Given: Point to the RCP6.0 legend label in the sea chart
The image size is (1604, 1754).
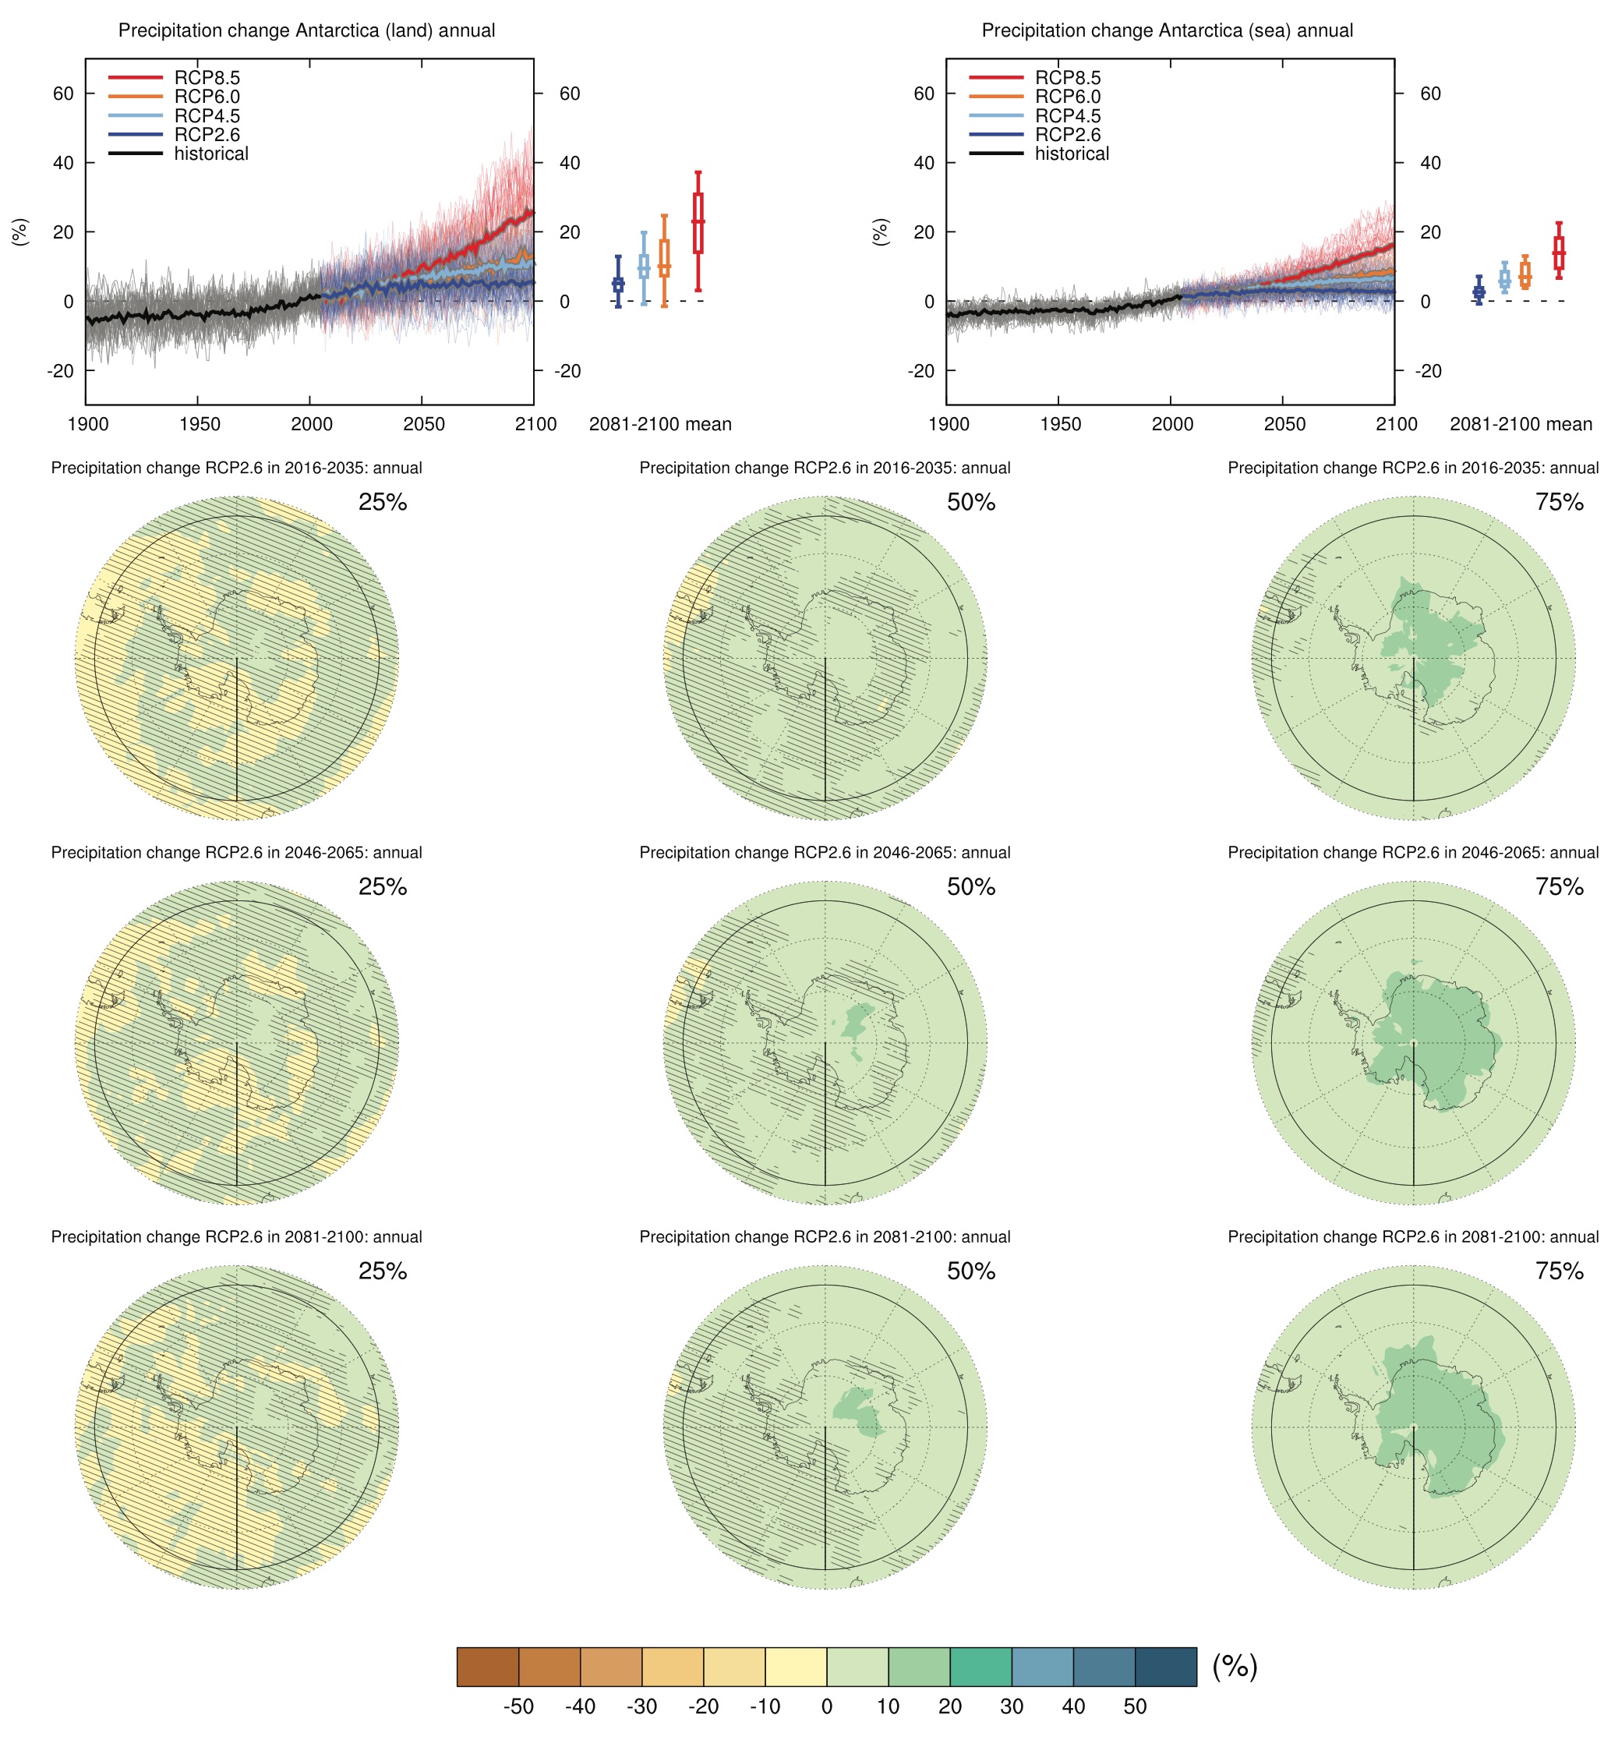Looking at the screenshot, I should point(1066,97).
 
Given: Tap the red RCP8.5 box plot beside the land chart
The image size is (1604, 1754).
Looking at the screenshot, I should point(698,224).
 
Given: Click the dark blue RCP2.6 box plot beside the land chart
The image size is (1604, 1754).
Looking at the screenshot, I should point(619,284).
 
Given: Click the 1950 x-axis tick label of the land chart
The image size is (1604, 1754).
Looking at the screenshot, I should point(200,425).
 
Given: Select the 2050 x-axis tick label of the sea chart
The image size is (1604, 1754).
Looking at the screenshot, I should point(1284,425).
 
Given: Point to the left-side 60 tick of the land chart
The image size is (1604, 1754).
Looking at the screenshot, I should point(63,93).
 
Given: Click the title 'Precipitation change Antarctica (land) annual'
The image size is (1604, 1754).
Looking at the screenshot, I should point(306,30).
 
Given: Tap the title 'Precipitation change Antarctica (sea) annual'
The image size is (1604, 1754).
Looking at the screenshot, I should point(1167,30).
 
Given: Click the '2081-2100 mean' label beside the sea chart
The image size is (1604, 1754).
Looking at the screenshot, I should point(1520,425).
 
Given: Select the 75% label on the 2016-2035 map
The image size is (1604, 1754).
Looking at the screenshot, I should point(1559,502).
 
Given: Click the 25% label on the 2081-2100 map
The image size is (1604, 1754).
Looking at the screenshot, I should point(383,1271).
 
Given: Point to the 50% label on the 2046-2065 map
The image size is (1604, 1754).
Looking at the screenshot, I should point(971,886).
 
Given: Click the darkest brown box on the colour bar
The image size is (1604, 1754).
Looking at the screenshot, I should point(488,1666).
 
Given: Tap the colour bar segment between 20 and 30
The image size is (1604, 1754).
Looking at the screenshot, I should point(980,1666).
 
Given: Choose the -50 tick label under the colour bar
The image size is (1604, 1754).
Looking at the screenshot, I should point(518,1706).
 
